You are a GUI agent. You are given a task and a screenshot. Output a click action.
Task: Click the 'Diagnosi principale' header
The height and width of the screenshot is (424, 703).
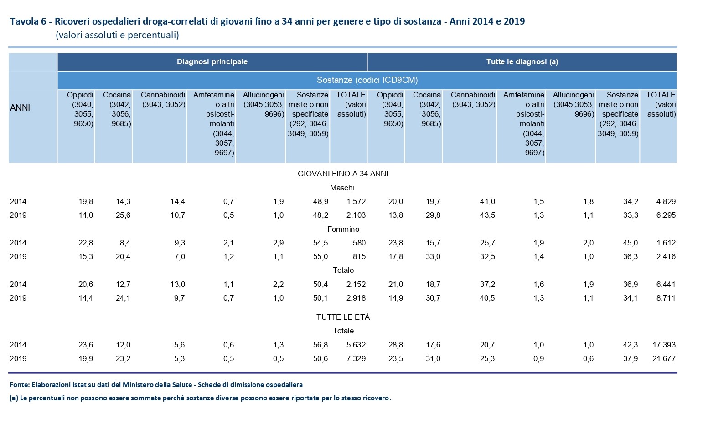point(212,62)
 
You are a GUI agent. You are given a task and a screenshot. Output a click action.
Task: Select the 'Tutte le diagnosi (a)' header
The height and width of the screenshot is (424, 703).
point(522,62)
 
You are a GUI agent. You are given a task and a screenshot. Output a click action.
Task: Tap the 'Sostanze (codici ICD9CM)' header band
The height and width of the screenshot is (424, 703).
point(367,80)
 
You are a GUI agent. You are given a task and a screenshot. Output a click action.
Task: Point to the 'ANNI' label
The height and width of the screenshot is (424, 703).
point(20,108)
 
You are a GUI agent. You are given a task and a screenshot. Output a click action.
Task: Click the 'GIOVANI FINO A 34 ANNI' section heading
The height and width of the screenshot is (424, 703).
point(343,174)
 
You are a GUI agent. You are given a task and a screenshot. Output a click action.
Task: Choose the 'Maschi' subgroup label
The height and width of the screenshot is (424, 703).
point(342,188)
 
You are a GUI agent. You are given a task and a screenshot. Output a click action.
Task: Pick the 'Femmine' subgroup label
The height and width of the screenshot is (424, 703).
point(343,229)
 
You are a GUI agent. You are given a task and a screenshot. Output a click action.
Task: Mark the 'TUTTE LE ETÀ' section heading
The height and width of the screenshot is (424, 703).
point(343,317)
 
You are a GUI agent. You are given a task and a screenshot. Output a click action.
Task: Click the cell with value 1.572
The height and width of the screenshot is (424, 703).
point(356,201)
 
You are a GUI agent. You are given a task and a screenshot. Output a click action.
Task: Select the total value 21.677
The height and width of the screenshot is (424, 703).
point(664,358)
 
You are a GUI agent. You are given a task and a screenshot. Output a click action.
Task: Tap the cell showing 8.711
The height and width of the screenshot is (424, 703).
point(666,298)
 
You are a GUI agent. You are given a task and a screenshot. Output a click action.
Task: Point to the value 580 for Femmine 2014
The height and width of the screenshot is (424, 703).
point(359,243)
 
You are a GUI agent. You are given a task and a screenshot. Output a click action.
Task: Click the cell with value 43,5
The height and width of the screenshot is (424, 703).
point(487,215)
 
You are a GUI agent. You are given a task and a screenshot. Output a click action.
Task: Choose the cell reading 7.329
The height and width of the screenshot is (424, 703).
point(356,358)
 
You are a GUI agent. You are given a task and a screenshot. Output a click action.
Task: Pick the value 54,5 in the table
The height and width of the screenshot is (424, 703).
point(320,243)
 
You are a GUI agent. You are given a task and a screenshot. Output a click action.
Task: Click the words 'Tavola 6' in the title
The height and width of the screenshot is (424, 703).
point(28,21)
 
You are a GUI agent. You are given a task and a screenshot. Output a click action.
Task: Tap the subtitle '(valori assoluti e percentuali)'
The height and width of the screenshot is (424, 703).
point(117,35)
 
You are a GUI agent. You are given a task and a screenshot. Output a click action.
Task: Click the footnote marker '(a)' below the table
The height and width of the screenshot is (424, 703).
point(14,398)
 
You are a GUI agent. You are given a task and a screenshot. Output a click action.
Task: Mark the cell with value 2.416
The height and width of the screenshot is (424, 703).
point(666,256)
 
